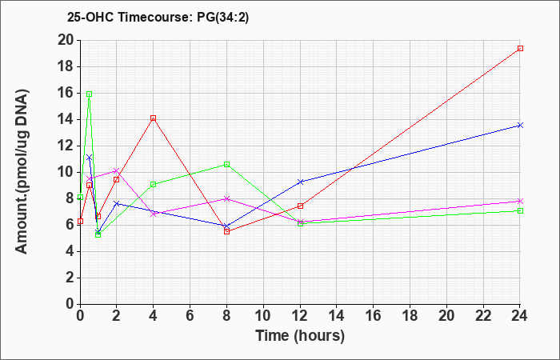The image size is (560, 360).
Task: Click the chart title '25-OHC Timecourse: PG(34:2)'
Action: [158, 17]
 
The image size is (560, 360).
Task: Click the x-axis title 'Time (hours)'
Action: [300, 336]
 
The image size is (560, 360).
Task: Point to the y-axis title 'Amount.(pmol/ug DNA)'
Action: [22, 172]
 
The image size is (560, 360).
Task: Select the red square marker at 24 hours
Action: [520, 48]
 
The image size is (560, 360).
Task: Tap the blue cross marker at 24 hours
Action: [520, 125]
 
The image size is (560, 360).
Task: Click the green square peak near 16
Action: [90, 94]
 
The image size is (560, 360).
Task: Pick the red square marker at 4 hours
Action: [154, 118]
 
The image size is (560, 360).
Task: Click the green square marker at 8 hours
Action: [226, 164]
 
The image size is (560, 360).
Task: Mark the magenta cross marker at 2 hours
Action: [117, 170]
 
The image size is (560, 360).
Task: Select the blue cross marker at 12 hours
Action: [300, 182]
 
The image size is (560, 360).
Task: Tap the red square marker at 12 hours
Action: [300, 206]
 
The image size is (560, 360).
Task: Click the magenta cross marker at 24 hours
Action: [520, 201]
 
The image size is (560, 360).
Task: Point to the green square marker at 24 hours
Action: [520, 210]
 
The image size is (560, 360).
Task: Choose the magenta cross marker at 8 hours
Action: [226, 198]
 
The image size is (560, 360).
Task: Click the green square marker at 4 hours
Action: [154, 184]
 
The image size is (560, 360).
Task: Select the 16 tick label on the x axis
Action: [374, 315]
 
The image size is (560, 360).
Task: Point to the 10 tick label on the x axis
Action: [263, 315]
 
